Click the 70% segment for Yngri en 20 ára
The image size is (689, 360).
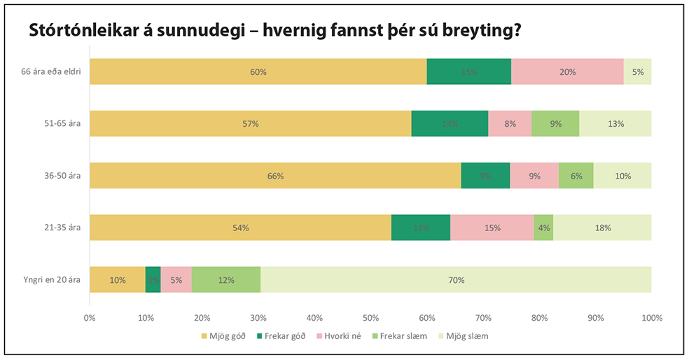[456, 279]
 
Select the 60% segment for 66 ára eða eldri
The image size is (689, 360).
[258, 71]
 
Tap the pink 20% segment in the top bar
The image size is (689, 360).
[567, 71]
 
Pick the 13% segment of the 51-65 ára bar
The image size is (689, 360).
[615, 123]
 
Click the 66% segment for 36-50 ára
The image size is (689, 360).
[275, 176]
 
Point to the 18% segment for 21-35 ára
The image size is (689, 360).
[602, 228]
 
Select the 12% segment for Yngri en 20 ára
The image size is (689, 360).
[225, 279]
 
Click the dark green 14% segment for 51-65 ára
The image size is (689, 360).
[450, 123]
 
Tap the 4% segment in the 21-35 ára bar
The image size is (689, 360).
[543, 228]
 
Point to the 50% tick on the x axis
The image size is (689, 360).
[370, 317]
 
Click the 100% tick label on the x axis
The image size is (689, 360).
[651, 317]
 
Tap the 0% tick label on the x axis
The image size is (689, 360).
[90, 317]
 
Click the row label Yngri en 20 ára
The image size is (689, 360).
[52, 279]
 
